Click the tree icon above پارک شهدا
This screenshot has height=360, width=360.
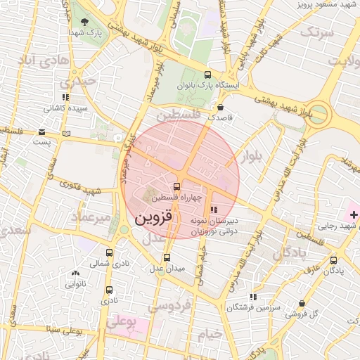tap(86, 22)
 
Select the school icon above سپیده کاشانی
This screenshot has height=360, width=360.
tap(65, 98)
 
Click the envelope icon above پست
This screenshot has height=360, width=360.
tap(42, 132)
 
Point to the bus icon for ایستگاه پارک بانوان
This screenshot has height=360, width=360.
tap(207, 74)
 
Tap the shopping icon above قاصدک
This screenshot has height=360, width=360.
tap(221, 108)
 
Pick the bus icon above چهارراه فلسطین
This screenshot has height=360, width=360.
tap(176, 187)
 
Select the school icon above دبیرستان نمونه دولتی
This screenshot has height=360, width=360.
tap(214, 210)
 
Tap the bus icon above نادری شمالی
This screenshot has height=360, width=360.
tap(108, 252)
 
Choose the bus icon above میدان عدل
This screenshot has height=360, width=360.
tap(167, 257)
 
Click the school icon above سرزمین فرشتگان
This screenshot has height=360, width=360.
tap(253, 297)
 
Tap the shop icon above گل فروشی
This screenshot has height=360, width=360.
tap(302, 303)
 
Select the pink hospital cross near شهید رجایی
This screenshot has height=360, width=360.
tap(352, 213)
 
